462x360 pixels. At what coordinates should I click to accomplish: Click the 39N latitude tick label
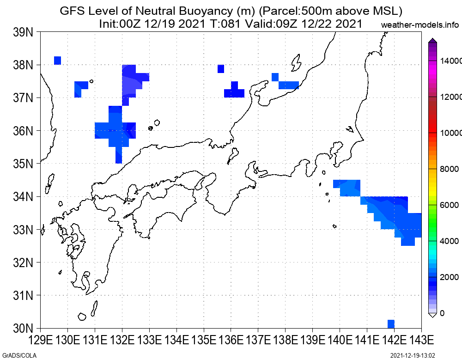(x=23, y=32)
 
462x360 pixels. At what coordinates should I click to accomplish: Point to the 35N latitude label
(x=23, y=163)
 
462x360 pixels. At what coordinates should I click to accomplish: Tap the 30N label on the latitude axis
(x=23, y=328)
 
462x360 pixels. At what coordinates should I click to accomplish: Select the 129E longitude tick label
(x=41, y=340)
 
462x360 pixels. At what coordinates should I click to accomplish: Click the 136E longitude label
(x=231, y=340)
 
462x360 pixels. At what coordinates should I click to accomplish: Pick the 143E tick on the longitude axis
(x=422, y=340)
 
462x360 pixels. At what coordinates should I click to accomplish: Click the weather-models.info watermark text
(x=420, y=25)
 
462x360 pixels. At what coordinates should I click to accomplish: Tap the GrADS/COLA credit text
(x=19, y=355)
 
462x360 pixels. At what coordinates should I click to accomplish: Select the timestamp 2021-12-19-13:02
(x=413, y=355)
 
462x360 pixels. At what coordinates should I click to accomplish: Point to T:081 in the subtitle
(x=225, y=24)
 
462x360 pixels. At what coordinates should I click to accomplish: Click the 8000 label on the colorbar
(x=450, y=169)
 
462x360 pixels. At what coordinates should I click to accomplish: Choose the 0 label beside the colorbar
(x=442, y=313)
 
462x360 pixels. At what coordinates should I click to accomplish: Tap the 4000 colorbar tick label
(x=450, y=241)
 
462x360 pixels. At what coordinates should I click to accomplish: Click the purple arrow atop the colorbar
(x=432, y=40)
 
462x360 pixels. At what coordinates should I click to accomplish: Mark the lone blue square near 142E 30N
(x=391, y=324)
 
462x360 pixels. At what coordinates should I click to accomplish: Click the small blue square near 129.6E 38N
(x=57, y=61)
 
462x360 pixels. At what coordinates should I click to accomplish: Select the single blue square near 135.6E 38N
(x=221, y=69)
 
